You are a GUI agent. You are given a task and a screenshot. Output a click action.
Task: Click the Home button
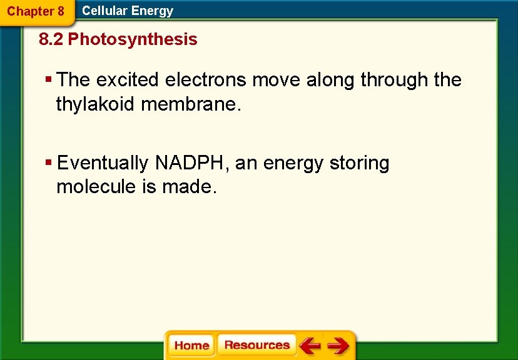click(191, 346)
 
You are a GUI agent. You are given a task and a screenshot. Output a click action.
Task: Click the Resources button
click(256, 345)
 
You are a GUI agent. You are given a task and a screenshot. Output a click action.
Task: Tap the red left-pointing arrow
click(310, 346)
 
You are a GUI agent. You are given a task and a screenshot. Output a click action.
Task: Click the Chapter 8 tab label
click(36, 11)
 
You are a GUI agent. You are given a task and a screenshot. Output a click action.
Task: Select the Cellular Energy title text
click(128, 11)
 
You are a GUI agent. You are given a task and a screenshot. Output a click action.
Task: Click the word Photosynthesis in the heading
click(133, 40)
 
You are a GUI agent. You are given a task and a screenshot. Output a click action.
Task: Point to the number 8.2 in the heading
click(51, 40)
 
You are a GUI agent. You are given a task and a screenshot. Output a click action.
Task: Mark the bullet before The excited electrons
click(49, 80)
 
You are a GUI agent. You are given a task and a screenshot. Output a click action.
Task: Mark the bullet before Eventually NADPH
click(49, 163)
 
